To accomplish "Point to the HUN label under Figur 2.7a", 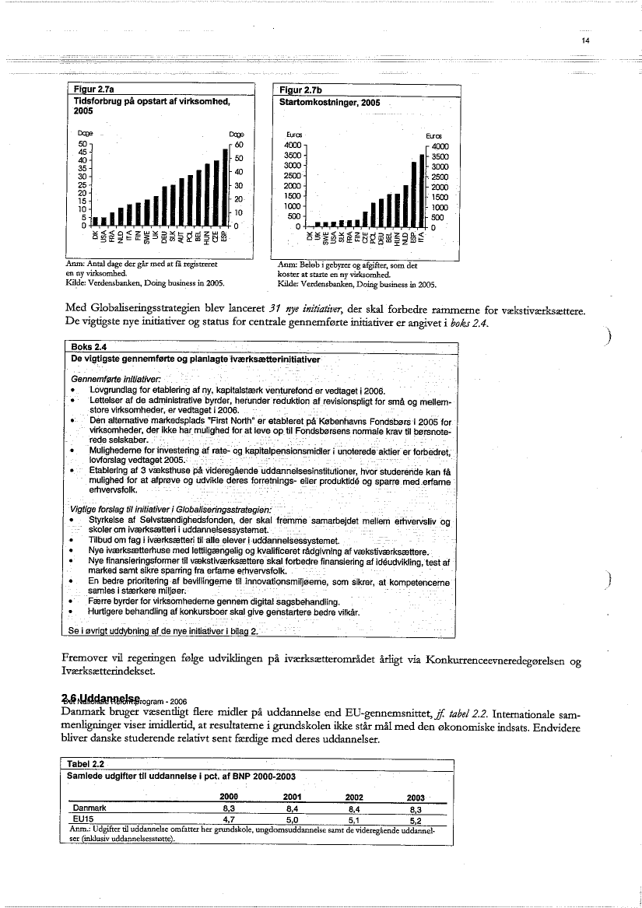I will coord(206,235).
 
